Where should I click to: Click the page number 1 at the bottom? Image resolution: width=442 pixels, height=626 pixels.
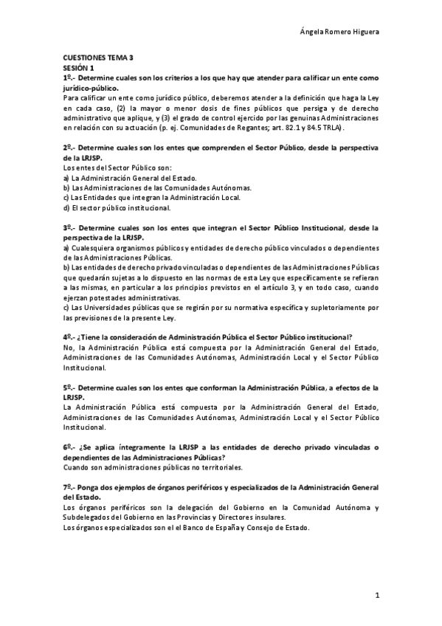click(376, 594)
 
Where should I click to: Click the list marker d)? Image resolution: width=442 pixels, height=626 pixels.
click(66, 207)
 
